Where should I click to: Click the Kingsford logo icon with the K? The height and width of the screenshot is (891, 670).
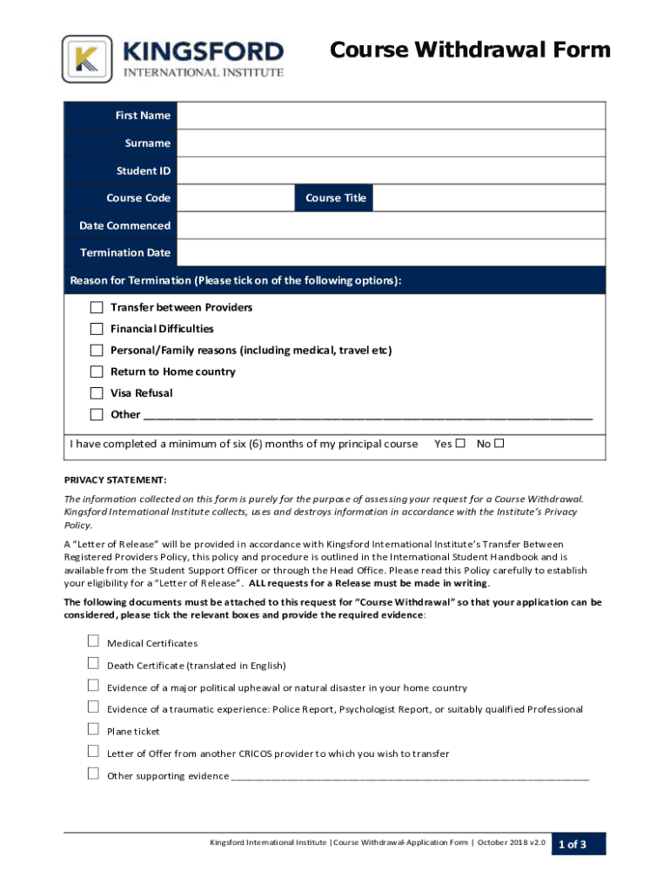click(87, 59)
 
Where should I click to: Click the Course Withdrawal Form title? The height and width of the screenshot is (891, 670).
click(470, 50)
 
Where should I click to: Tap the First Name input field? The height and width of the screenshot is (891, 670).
click(391, 116)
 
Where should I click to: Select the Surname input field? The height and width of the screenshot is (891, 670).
click(391, 143)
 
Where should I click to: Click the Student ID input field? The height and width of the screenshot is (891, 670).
click(391, 171)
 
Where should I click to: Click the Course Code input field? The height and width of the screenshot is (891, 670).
click(236, 198)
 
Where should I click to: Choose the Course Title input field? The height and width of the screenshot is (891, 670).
click(489, 198)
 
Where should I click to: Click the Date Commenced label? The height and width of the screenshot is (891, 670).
click(124, 225)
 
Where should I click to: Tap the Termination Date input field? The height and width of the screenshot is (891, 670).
click(391, 252)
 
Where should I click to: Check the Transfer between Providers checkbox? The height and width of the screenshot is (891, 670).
click(97, 307)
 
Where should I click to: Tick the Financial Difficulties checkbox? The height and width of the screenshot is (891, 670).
click(97, 329)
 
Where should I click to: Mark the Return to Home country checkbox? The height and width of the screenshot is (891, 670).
click(97, 372)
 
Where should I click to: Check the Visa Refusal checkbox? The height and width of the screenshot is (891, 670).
click(97, 393)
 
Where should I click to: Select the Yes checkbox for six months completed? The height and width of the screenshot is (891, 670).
click(461, 444)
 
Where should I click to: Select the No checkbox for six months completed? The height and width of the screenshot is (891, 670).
click(499, 444)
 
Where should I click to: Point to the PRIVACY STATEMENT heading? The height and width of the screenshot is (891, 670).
click(116, 480)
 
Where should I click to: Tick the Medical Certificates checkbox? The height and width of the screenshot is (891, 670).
click(93, 641)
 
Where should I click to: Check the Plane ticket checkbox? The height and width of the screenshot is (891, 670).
click(93, 729)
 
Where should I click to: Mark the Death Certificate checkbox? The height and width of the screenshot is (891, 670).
click(93, 664)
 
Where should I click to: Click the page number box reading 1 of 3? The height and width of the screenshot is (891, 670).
click(579, 844)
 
